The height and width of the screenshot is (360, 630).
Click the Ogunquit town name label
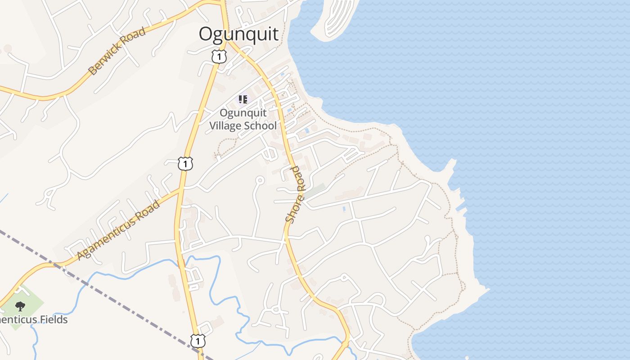click(x=238, y=34)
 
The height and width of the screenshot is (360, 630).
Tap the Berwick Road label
click(x=117, y=51)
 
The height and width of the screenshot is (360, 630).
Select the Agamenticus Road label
click(x=118, y=230)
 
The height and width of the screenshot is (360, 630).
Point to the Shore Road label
click(x=295, y=194)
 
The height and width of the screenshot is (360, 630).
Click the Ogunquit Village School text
click(x=243, y=119)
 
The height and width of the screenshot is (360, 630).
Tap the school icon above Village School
click(x=243, y=99)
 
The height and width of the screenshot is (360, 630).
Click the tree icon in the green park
click(x=20, y=307)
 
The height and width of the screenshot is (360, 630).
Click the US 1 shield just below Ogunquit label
click(x=219, y=57)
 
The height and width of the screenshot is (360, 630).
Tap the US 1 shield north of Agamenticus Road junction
click(x=185, y=163)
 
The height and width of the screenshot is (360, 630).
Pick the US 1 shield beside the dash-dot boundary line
click(x=198, y=341)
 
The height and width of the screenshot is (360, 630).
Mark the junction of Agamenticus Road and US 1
click(x=181, y=190)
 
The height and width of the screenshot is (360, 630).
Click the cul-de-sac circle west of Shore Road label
click(x=259, y=180)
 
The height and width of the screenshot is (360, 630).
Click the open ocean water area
click(x=540, y=112)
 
